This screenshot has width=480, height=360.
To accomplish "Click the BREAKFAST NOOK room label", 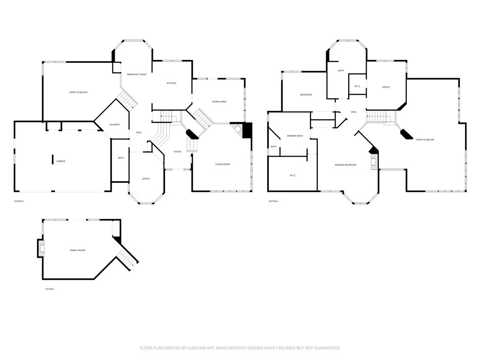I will coord(137,75).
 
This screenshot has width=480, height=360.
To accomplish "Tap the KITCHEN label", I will coord(172,83).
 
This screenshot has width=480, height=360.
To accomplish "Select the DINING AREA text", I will coord(219,101).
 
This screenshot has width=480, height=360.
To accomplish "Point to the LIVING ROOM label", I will coord(223,164).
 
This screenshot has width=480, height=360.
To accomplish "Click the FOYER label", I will coord(177,151).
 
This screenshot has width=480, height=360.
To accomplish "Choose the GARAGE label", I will coord(61,161).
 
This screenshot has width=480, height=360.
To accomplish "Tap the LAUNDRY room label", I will coord(114,124).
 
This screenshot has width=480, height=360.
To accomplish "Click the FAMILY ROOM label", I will coord(78,250).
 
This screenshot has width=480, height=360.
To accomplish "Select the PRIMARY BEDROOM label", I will coord(345,165).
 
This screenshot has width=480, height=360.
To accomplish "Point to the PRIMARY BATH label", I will coord(295,136).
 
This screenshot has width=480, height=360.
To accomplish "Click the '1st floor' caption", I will coord(49,289).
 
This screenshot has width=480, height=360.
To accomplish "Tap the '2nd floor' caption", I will coord(19,201).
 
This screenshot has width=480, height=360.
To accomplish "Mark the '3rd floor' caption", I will coord(273,201).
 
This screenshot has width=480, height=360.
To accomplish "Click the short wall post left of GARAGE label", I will coord(52,159).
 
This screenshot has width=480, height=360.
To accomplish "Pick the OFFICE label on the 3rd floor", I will coord(386,87).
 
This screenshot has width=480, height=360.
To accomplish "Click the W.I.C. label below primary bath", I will coord(292,175).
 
